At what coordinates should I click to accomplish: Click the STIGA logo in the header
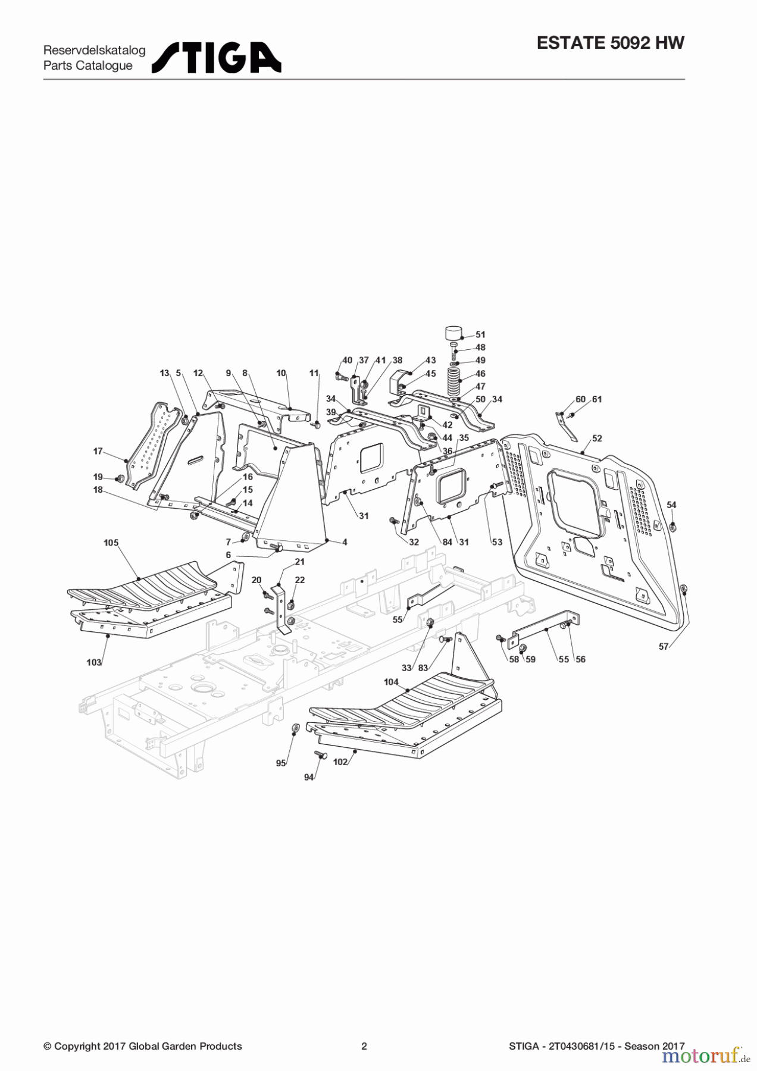pyautogui.click(x=216, y=58)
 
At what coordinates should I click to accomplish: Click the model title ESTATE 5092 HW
pyautogui.click(x=610, y=43)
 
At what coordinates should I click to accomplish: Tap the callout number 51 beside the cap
pyautogui.click(x=480, y=335)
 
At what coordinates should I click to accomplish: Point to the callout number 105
pyautogui.click(x=111, y=543)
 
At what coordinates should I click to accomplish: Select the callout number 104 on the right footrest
pyautogui.click(x=390, y=682)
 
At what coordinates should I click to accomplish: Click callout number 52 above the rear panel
pyautogui.click(x=597, y=439)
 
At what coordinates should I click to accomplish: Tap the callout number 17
pyautogui.click(x=98, y=452)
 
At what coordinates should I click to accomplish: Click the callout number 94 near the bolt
pyautogui.click(x=308, y=778)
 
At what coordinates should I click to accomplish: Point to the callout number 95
pyautogui.click(x=280, y=763)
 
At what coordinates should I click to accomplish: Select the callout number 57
pyautogui.click(x=664, y=647)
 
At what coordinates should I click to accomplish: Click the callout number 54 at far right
pyautogui.click(x=671, y=505)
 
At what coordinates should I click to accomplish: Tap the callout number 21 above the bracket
pyautogui.click(x=299, y=562)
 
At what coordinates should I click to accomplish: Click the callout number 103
pyautogui.click(x=93, y=662)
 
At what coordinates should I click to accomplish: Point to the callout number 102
pyautogui.click(x=340, y=762)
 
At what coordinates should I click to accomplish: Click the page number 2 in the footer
pyautogui.click(x=364, y=1046)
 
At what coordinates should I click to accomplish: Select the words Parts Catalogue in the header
pyautogui.click(x=88, y=65)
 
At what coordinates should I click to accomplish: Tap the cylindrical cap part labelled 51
pyautogui.click(x=455, y=332)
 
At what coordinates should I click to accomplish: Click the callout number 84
pyautogui.click(x=447, y=542)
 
